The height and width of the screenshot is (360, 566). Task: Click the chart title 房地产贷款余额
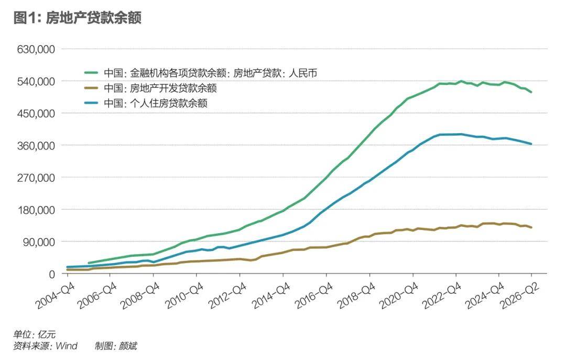93,18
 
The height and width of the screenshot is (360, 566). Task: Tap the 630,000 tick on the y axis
36,49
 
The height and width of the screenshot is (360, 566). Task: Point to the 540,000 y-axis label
36,81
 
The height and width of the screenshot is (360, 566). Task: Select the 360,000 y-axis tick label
36,146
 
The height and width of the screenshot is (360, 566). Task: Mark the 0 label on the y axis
52,275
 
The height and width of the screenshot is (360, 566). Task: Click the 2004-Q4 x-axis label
55,296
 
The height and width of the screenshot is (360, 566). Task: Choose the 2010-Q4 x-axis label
184,296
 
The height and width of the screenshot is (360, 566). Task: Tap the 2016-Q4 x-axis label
314,296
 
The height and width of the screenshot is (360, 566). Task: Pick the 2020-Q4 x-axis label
400,296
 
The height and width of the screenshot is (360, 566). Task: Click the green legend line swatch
91,73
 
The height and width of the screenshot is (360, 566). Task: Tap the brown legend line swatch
91,88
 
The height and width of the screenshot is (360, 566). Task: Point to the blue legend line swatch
91,103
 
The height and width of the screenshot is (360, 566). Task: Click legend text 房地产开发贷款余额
173,88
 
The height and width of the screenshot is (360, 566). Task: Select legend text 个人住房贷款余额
169,103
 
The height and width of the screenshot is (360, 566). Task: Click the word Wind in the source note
67,346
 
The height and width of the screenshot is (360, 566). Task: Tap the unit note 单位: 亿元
34,334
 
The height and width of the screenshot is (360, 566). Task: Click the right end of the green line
531,92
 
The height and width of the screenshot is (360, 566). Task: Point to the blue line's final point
531,144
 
